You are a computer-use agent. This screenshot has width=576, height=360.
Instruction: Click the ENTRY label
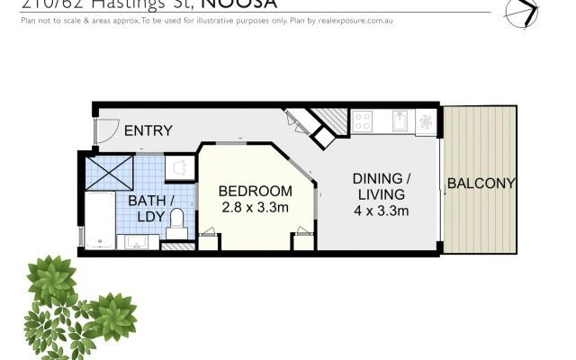tap(148, 130)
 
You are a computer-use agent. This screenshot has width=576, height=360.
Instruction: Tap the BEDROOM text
tap(256, 191)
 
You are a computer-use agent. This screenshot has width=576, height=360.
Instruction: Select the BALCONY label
tap(481, 184)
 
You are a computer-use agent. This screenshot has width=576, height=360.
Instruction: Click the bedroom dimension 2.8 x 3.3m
tap(256, 208)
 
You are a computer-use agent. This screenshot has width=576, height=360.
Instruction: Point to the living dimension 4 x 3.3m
tap(382, 211)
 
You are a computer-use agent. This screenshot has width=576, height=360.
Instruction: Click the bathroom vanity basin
tap(139, 242)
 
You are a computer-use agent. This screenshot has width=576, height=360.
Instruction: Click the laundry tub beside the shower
tap(178, 166)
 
